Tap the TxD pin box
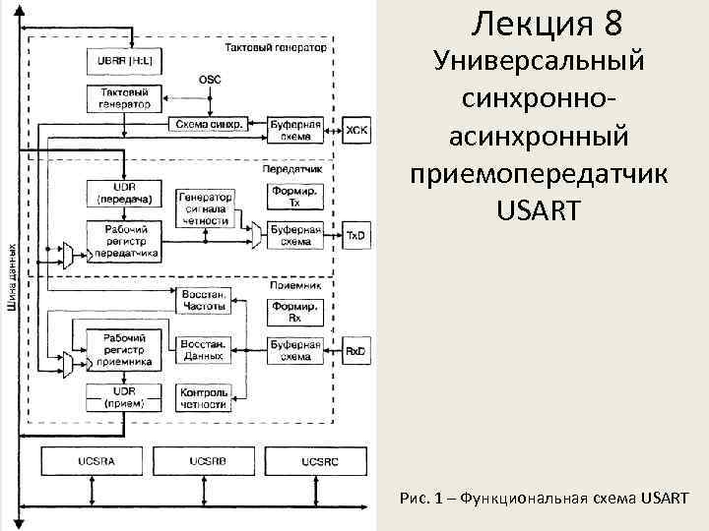click(355, 236)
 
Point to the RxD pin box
click(355, 351)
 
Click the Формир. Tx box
click(295, 197)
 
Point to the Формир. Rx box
click(295, 312)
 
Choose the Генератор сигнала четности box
click(204, 208)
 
